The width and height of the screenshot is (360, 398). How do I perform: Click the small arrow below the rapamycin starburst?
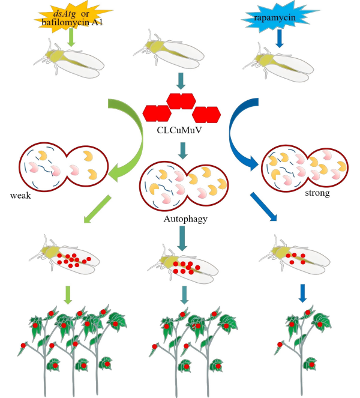pyautogui.click(x=278, y=38)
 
